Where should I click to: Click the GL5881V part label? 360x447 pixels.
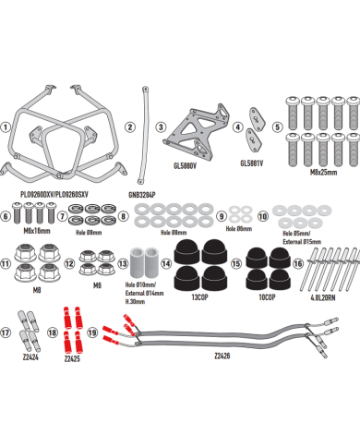tap(251, 164)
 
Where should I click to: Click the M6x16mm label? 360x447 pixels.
tap(31, 230)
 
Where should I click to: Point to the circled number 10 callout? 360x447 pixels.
tap(264, 216)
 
